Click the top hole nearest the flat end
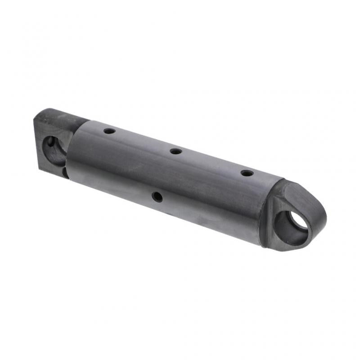pos(109,131)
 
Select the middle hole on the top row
pos(176,152)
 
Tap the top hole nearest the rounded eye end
pos(247,173)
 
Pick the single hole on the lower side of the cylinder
pos(157,196)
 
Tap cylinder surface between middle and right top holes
pos(211,163)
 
